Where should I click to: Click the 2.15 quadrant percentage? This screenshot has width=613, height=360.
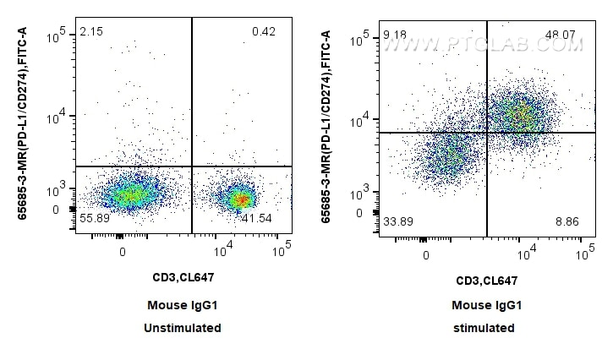pos(91,31)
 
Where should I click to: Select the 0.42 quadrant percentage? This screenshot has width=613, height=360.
pos(264,31)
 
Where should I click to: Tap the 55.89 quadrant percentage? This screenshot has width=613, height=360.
pos(95,218)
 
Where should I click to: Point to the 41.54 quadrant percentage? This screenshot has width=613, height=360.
pos(256,218)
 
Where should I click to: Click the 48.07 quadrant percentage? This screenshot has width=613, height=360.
pos(561,35)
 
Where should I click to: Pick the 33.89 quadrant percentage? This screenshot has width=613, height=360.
pos(398,222)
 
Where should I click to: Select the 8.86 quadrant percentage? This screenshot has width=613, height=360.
pos(567,222)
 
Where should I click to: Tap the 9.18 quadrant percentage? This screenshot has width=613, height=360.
pos(395,35)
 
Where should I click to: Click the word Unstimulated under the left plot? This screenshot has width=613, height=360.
pos(183,328)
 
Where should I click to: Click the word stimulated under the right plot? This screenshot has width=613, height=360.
pos(484,328)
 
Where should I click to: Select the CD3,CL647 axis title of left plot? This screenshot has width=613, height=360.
pos(183,277)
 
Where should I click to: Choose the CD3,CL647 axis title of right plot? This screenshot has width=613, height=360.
pos(487,281)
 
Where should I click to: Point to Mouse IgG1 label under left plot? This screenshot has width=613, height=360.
pos(182,305)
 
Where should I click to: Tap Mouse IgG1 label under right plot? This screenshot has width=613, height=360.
pos(487,305)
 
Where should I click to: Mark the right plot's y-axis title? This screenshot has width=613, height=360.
pos(326,127)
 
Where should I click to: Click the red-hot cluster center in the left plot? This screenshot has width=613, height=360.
pos(243,199)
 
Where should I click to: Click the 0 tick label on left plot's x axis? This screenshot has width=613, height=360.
pos(123,252)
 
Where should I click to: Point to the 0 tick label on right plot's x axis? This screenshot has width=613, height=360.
pos(426,256)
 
